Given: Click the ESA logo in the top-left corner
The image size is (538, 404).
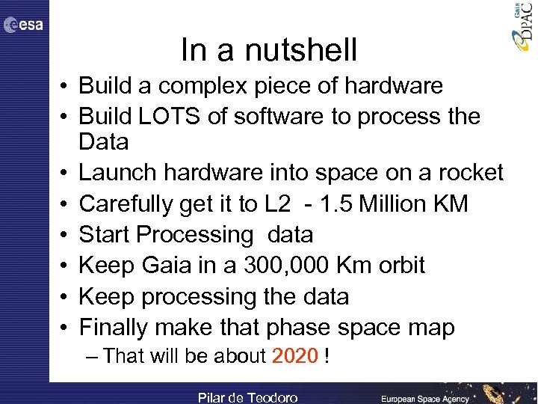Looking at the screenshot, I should click(23, 25).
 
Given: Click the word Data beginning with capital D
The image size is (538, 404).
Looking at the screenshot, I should click(104, 141).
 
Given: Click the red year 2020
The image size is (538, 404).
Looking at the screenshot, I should click(295, 356).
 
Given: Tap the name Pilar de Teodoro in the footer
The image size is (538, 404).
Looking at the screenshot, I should click(247, 397).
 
